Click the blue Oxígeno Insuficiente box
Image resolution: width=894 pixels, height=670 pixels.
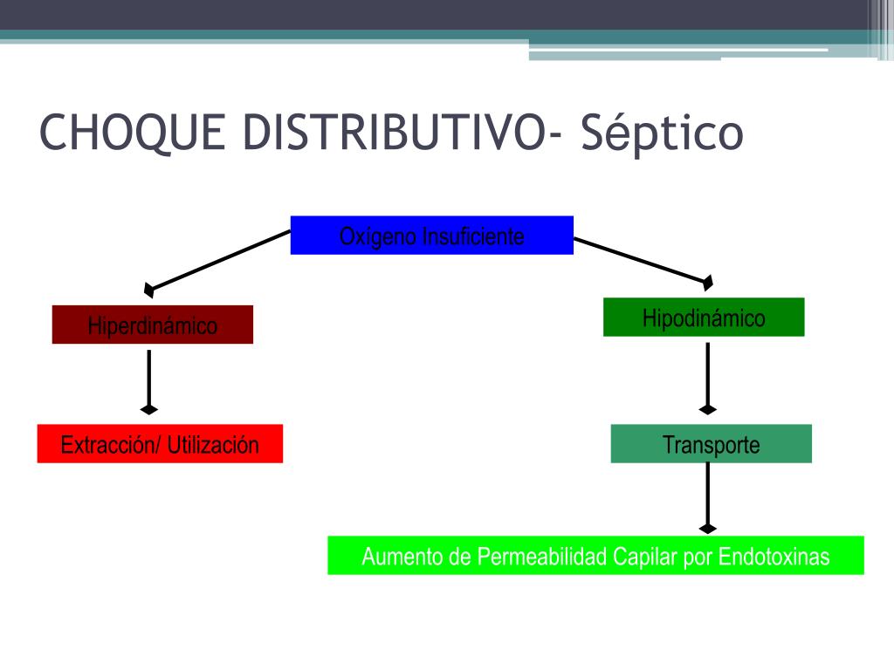[x=431, y=235]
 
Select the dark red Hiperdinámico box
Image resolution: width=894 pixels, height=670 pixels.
[x=152, y=325]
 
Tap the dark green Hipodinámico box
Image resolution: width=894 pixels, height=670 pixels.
[x=703, y=317]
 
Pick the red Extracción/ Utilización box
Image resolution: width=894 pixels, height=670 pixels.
[x=160, y=443]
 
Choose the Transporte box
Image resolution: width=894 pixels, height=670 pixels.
[x=711, y=443]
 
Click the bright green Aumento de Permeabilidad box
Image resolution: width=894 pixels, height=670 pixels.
[x=595, y=556]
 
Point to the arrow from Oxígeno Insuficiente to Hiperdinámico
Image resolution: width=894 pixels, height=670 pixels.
[x=218, y=259]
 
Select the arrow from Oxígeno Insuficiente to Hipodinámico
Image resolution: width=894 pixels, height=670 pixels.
[x=643, y=259]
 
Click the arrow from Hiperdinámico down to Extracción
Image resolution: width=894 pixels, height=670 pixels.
[x=149, y=379]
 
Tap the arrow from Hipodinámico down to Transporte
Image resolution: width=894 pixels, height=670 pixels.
[x=707, y=377]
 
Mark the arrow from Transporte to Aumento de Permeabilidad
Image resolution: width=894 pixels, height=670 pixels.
[x=707, y=496]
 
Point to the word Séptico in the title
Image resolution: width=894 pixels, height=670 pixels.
[x=662, y=133]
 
